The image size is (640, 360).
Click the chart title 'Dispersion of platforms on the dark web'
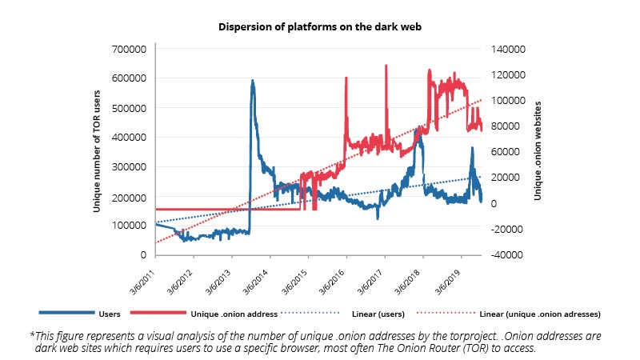point(319,26)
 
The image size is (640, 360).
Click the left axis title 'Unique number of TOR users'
point(97,151)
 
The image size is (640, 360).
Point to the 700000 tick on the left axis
point(132,49)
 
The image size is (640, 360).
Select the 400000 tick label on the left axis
point(132,137)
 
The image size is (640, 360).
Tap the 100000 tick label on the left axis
point(132,226)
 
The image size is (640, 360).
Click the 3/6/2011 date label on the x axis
point(141,275)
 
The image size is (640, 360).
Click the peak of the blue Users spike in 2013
point(253,81)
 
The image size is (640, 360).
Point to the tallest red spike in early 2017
point(386,66)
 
